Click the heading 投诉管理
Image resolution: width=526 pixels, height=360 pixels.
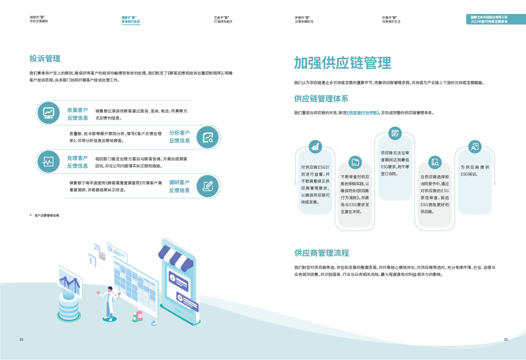(45, 59)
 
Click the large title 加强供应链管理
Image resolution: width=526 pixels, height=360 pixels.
(342, 63)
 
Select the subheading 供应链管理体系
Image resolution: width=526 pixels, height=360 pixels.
(321, 98)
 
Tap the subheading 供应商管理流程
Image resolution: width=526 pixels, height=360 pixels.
(321, 253)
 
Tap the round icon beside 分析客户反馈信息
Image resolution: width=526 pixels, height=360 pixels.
(208, 137)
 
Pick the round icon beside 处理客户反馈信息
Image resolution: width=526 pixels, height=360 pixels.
(48, 162)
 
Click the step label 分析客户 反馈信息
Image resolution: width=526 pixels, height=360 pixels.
(179, 136)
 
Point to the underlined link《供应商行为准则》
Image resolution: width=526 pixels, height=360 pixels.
(363, 113)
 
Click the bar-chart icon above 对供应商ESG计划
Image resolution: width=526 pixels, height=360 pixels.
(315, 146)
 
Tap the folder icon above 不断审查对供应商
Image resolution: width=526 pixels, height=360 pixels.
(355, 162)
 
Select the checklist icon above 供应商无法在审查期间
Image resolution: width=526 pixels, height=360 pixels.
(394, 133)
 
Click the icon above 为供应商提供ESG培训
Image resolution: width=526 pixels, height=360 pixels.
(474, 146)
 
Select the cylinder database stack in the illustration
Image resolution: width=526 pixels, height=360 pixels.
(70, 305)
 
